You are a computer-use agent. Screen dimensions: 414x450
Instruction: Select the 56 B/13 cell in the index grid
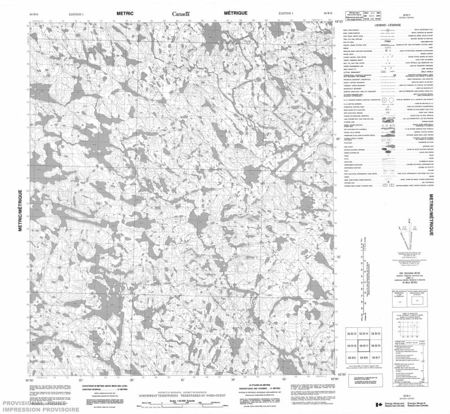[352, 334]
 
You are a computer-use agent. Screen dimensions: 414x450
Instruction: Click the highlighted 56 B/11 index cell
[364, 345]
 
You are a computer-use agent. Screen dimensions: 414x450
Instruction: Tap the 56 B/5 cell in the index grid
[352, 357]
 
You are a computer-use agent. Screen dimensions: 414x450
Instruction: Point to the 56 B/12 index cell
[352, 345]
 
